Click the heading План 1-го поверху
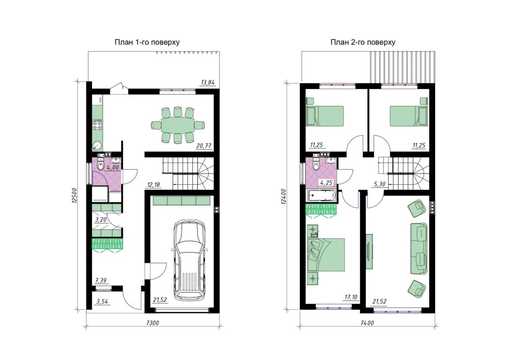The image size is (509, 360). pos(147,42)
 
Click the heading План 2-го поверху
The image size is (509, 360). pos(363,42)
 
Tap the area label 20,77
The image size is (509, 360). pos(204,146)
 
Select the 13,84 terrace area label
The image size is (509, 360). pos(208,82)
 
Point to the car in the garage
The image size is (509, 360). pos(190,261)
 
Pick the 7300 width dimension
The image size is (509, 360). pos(153,323)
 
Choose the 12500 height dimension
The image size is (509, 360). pos(74,196)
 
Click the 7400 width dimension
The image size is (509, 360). pos(367,323)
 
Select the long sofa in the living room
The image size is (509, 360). pos(418,248)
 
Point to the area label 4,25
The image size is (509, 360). pos(326,183)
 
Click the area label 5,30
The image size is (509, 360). pos(380,184)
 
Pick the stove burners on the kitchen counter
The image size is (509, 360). pos(97,124)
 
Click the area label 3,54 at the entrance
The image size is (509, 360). pos(102,301)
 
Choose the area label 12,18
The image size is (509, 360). pos(154,185)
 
